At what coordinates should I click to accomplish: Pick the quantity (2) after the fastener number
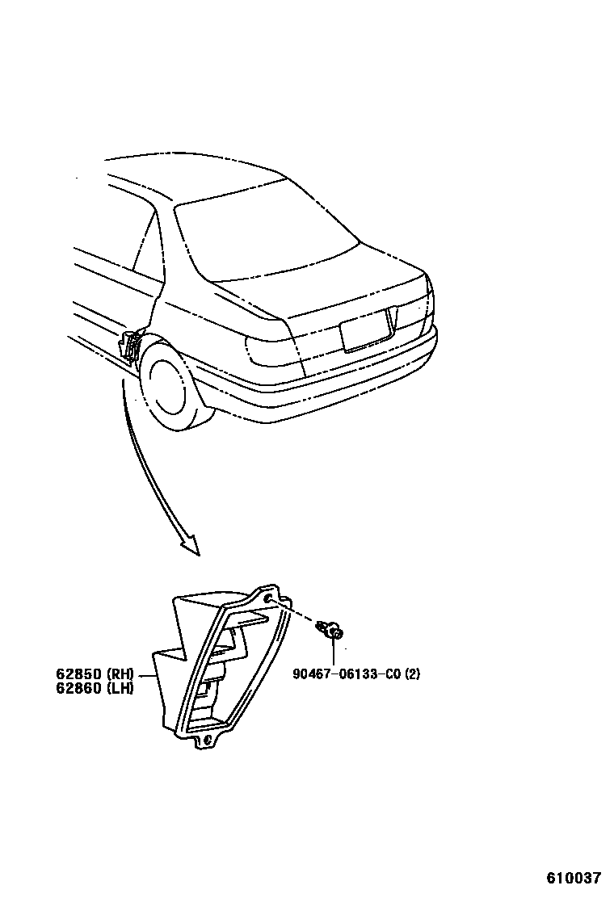tap(412, 674)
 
